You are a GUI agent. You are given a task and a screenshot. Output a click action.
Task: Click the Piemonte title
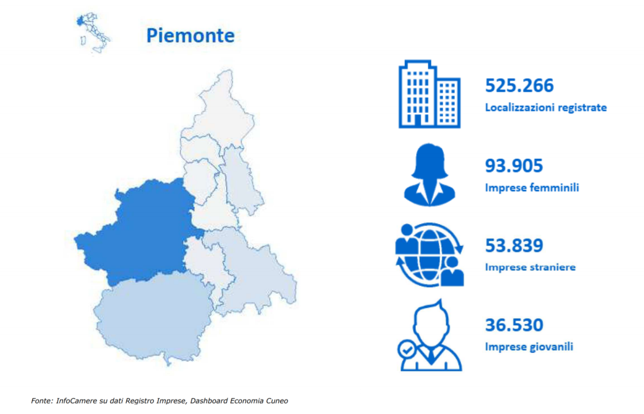click(x=191, y=36)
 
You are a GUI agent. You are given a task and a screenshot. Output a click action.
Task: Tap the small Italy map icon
click(x=92, y=33)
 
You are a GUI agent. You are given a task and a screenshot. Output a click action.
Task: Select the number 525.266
click(x=519, y=85)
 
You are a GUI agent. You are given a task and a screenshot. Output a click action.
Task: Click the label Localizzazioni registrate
click(x=546, y=108)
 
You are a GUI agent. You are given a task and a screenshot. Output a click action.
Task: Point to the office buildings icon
click(x=429, y=94)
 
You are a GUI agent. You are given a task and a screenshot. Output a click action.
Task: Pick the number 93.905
click(x=514, y=166)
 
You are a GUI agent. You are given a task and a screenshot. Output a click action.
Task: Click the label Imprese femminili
click(x=532, y=188)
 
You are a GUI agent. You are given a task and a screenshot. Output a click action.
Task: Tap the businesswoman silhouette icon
click(x=429, y=175)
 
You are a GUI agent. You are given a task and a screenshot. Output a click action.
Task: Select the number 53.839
click(x=514, y=246)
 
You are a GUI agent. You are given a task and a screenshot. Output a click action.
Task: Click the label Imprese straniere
click(x=530, y=267)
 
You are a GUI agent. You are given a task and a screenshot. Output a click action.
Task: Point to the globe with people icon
click(x=429, y=255)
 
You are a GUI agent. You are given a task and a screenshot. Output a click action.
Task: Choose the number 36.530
click(x=514, y=325)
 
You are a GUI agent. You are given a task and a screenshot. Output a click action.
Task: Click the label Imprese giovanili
click(x=529, y=347)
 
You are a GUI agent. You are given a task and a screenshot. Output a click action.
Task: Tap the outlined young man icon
click(x=431, y=335)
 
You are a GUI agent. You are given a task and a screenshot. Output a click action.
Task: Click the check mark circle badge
click(x=407, y=350)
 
